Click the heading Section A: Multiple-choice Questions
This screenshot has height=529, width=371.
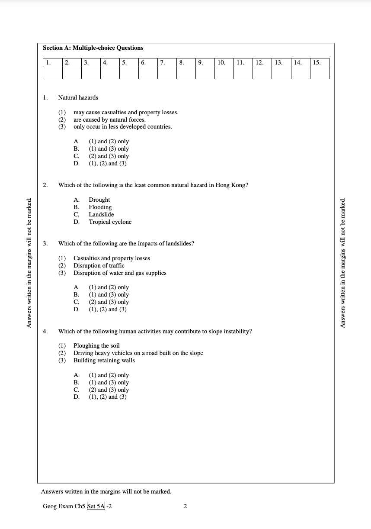(93, 48)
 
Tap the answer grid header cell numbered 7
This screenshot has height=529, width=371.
(167, 62)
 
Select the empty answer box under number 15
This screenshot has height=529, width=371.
(320, 73)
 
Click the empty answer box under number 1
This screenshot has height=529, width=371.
(53, 73)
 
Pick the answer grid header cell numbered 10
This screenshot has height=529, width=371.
(224, 62)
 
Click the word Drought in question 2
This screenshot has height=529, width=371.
(99, 200)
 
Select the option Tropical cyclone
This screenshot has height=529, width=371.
(110, 222)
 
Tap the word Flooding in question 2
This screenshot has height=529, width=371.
(100, 207)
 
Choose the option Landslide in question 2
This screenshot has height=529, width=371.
(101, 215)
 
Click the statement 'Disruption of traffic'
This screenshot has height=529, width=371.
(99, 266)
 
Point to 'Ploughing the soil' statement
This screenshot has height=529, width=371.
(96, 346)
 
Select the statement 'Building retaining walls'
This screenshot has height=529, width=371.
(104, 361)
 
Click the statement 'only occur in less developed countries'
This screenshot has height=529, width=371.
(123, 127)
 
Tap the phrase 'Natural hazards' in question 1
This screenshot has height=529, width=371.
(78, 98)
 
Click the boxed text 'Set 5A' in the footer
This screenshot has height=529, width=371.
(96, 506)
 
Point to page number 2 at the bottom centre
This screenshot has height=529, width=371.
(185, 506)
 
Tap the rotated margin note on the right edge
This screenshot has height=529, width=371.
(343, 263)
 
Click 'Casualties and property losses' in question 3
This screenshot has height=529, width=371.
(112, 258)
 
